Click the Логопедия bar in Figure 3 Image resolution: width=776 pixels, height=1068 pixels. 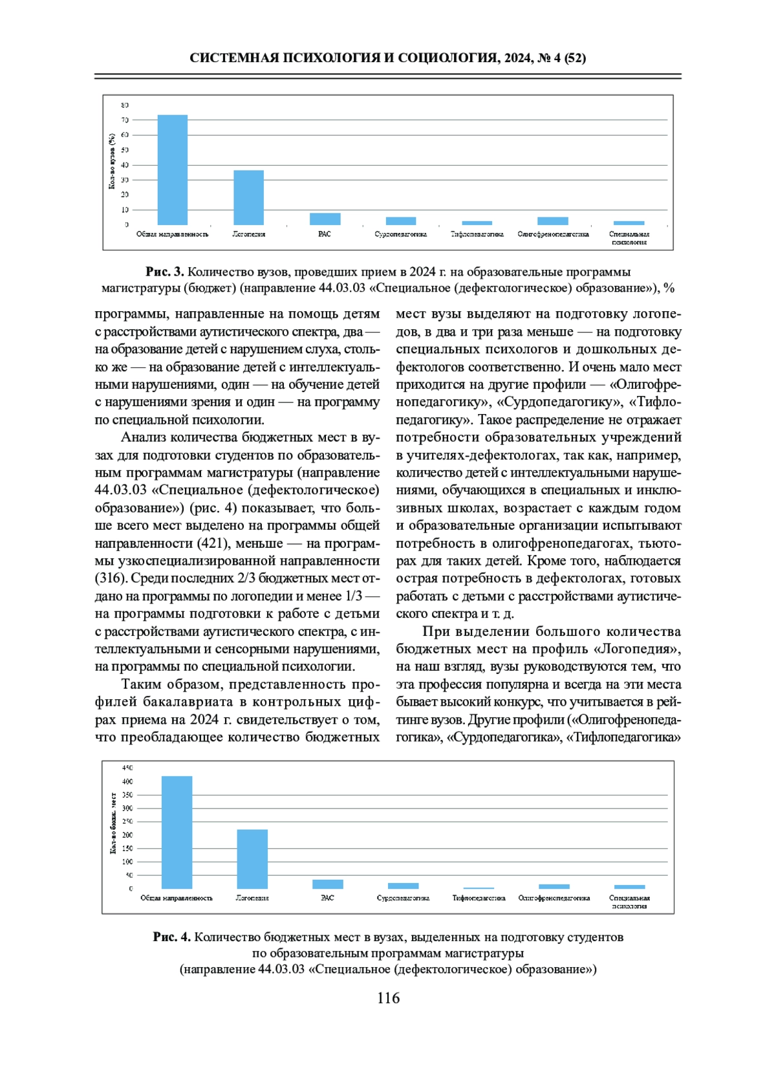(x=248, y=197)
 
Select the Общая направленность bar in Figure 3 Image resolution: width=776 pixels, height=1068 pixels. (x=173, y=169)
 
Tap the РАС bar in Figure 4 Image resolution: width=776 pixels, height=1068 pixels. (x=328, y=884)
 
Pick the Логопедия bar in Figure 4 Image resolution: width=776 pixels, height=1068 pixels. (x=252, y=859)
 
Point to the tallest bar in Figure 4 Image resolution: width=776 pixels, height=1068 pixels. (x=177, y=833)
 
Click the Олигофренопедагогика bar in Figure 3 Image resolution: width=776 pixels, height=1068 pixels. (x=553, y=221)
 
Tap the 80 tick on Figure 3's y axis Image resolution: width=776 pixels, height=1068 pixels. (x=125, y=105)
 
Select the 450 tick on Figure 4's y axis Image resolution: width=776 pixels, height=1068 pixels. (x=127, y=768)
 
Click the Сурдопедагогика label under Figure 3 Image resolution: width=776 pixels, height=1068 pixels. (x=401, y=234)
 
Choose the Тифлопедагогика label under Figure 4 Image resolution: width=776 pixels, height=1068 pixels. (x=479, y=898)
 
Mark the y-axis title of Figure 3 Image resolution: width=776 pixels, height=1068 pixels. (x=112, y=161)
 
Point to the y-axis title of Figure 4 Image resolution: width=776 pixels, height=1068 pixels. (x=114, y=823)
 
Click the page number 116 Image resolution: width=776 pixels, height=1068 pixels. (x=388, y=998)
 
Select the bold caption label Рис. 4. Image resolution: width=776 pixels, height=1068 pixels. (x=172, y=937)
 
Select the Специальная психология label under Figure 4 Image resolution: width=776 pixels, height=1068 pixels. (x=629, y=902)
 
